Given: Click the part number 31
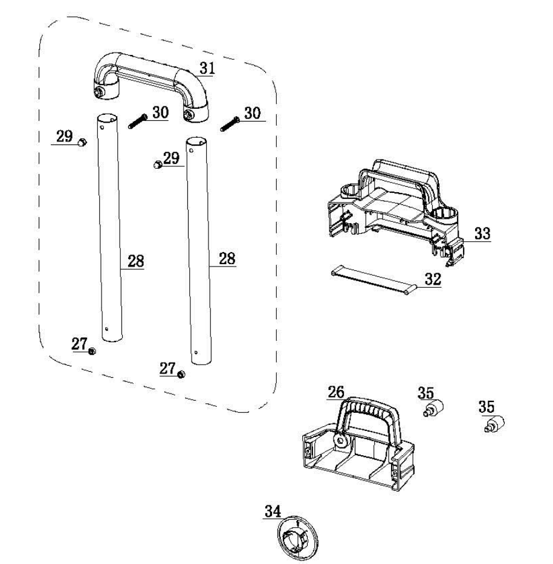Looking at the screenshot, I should coord(207,68).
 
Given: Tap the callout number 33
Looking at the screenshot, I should coord(482,233).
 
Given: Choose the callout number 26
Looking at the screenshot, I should coord(336,392).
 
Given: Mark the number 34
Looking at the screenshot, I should coord(273,511).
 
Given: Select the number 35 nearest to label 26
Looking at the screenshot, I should coord(425,393).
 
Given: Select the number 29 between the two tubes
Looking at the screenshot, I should coord(172,158).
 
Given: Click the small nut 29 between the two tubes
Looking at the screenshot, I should coord(157,164).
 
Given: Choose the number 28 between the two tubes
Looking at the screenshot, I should coord(136,262).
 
